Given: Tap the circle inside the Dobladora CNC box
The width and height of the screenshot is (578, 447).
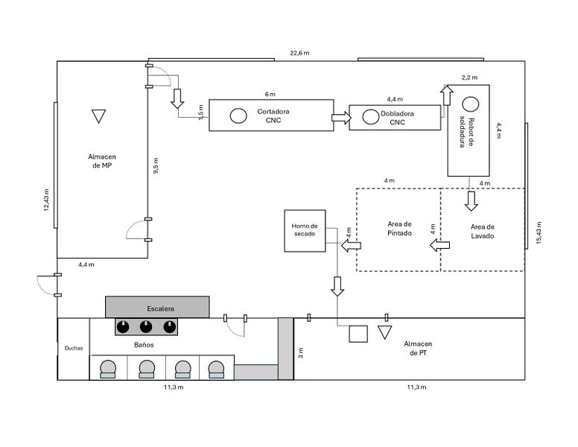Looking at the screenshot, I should coord(370,116).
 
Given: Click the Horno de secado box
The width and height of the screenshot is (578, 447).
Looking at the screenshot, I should coord(305,230).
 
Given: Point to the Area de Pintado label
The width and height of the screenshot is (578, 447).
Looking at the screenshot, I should coord(399,229).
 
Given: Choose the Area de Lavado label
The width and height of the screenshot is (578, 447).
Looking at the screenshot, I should coord(483,231).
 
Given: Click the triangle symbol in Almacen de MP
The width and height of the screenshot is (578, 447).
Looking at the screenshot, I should coord(98,116).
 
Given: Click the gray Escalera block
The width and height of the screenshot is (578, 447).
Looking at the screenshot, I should coord(156,307).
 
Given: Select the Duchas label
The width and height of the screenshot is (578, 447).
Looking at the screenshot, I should coord(73,348).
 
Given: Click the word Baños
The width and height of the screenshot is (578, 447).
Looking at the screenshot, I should coord(144,345).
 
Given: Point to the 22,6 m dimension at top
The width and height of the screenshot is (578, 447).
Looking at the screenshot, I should coord(300,53).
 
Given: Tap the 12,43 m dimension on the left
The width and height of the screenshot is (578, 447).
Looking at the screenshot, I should coord(46,200).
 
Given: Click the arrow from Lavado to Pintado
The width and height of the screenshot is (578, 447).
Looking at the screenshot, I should coord(439,245).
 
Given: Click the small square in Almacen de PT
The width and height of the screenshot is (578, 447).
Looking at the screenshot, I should coord(358,334).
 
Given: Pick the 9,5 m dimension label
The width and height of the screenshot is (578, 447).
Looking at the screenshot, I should coord(155,165).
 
